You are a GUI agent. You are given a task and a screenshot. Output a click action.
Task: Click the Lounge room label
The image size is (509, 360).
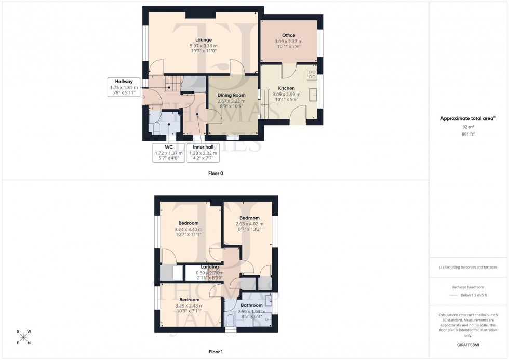click(204, 39)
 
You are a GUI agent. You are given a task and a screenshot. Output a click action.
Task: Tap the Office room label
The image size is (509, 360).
click(288, 35)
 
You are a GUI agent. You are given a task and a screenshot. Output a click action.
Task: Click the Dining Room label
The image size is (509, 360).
click(232, 95)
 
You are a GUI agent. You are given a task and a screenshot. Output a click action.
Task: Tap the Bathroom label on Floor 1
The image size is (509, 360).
click(251, 305)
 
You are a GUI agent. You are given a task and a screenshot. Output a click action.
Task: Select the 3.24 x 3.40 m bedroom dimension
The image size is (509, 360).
click(189, 229)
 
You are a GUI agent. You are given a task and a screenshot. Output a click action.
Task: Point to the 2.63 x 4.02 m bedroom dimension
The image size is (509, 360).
click(249, 224)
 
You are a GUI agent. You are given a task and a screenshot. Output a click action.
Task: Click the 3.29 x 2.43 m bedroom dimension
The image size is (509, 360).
click(189, 305)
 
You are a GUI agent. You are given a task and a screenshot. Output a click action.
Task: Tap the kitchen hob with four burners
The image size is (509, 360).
click(312, 74)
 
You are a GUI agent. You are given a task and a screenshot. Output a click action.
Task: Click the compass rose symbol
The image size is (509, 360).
click(23, 337)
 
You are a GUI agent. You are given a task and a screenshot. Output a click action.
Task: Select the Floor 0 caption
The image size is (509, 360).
click(216, 173)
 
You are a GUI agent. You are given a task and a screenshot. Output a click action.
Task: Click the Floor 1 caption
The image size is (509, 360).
click(216, 352)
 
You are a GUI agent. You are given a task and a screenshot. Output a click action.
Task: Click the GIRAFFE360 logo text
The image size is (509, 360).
click(468, 345)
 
